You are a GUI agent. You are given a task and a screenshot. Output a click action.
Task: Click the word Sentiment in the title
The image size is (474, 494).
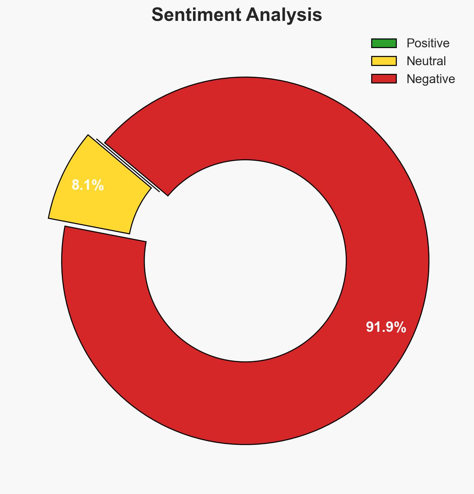click(x=193, y=15)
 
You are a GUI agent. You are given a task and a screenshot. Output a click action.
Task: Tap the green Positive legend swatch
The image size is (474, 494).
click(x=383, y=43)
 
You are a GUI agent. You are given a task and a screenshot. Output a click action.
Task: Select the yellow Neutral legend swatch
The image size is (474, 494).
click(x=383, y=61)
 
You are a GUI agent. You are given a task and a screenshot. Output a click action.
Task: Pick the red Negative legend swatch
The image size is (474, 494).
click(x=383, y=79)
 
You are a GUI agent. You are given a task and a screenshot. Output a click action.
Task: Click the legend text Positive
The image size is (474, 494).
click(x=428, y=43)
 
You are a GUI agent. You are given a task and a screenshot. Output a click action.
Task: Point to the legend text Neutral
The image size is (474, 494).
click(x=426, y=61)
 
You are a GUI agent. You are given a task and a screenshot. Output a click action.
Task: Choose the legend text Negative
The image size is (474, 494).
click(x=430, y=79)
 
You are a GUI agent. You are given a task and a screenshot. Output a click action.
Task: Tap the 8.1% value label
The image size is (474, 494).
click(x=88, y=185)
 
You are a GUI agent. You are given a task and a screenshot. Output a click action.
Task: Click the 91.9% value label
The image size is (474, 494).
click(x=386, y=327)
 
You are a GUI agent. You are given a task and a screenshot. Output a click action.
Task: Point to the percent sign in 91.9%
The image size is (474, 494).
click(x=400, y=327)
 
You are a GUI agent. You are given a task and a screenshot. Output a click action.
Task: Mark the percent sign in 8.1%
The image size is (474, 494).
click(x=98, y=185)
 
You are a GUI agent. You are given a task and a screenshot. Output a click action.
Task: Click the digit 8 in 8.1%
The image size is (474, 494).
click(x=75, y=185)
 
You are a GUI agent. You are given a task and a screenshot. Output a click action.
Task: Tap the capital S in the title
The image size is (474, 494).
click(x=158, y=15)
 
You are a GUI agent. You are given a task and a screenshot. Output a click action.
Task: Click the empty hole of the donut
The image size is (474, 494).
click(x=245, y=261)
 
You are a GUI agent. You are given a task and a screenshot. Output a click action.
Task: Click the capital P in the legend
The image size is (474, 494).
click(x=410, y=43)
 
